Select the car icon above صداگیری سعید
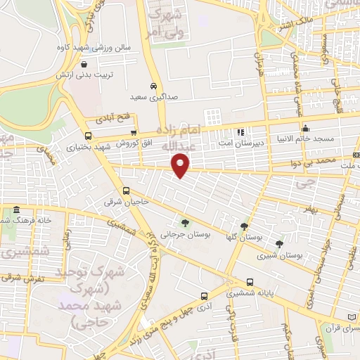153,86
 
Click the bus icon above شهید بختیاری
88,136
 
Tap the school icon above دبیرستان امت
240,131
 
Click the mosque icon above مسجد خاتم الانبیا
305,128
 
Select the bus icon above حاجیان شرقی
127,190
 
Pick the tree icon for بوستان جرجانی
186,223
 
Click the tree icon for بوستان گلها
244,226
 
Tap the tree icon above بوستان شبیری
280,243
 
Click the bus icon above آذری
203,295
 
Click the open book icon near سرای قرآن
353,317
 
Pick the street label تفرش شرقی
23,277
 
